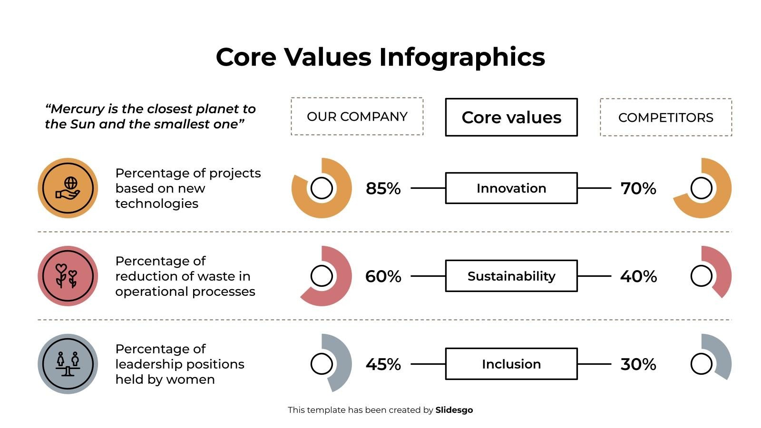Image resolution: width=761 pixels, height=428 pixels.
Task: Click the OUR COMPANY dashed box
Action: click(357, 117)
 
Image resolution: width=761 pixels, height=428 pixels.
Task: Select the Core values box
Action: click(511, 117)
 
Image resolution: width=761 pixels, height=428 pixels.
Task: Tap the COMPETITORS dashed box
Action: click(665, 117)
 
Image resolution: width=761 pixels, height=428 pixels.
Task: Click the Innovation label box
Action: click(511, 188)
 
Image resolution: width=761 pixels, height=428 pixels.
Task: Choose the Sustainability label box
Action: click(511, 276)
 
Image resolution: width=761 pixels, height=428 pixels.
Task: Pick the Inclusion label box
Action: click(511, 364)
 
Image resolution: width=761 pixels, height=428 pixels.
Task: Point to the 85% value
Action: click(383, 189)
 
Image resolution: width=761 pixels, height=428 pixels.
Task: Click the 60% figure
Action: click(383, 276)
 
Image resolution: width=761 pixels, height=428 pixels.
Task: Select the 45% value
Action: click(383, 364)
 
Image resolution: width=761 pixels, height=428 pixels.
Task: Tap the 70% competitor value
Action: click(638, 189)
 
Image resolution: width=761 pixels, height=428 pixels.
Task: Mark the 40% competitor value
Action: click(638, 276)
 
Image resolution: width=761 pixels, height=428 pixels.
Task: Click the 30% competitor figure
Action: click(638, 364)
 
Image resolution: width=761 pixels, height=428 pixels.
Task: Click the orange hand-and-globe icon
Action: click(68, 188)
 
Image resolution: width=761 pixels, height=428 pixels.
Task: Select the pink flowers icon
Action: click(68, 276)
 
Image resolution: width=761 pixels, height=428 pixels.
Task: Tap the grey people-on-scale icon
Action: click(68, 364)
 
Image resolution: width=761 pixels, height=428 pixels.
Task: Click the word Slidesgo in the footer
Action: click(454, 410)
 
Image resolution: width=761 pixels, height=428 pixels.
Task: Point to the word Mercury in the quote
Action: click(78, 109)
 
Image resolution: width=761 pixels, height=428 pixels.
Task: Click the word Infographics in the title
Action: click(462, 57)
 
